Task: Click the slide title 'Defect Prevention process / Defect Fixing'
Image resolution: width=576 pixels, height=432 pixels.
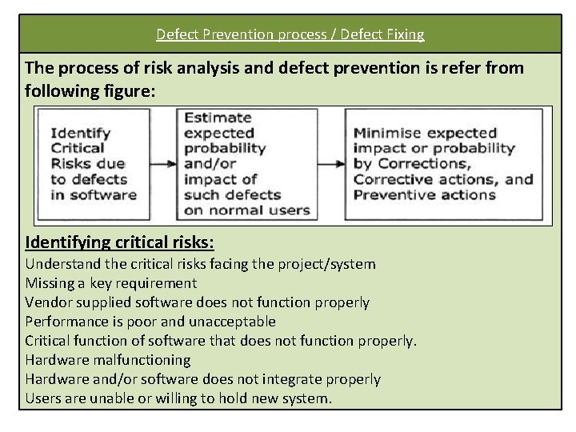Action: coord(290,34)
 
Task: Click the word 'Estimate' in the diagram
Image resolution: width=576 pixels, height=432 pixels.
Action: coord(218,118)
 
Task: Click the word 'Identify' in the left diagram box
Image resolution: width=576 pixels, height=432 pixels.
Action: coord(81,133)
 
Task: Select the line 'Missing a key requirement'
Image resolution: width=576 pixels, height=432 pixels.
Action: coord(110,283)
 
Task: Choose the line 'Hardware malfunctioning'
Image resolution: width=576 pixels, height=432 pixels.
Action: coord(108,360)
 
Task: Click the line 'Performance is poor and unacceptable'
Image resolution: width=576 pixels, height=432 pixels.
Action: coord(150,322)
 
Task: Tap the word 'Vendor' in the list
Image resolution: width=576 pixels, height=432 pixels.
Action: coord(48,302)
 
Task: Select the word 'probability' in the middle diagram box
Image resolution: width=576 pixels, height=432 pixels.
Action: coord(225,148)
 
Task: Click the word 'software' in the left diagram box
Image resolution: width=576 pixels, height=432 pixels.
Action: coord(102,194)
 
